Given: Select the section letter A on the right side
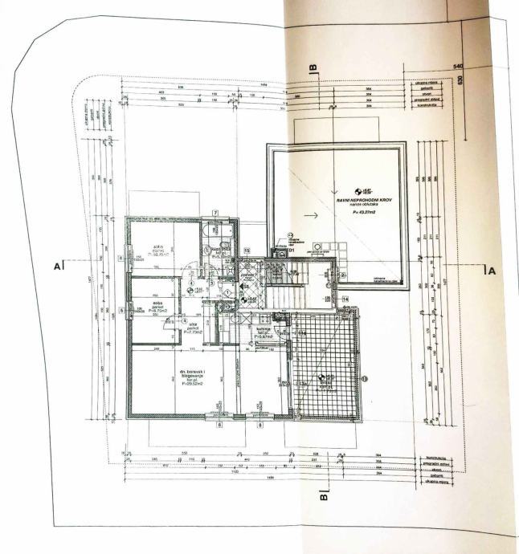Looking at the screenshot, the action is (x=492, y=271).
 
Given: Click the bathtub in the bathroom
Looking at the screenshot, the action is (x=216, y=234).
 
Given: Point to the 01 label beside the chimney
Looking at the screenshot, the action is (x=292, y=250).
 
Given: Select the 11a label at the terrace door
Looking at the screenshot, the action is (x=301, y=333).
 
